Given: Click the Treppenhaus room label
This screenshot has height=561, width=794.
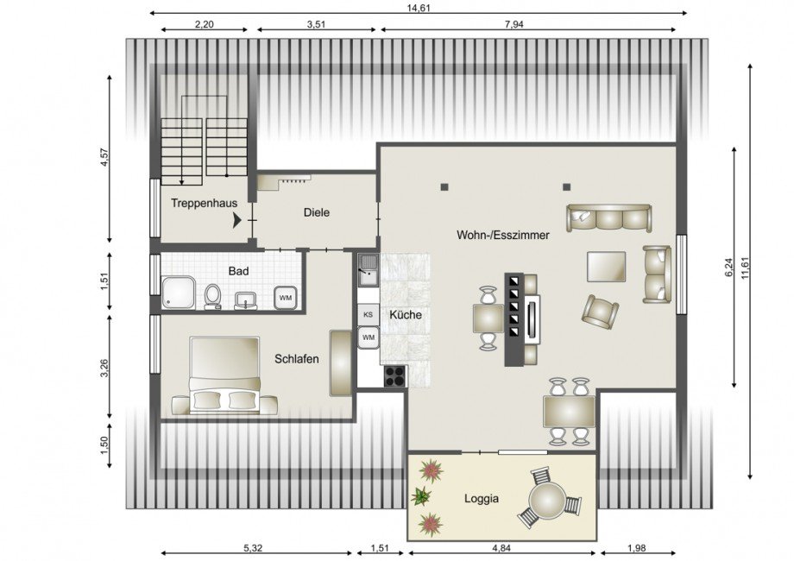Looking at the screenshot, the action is click(x=204, y=204).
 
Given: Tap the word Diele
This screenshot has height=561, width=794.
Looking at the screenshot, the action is click(x=317, y=212).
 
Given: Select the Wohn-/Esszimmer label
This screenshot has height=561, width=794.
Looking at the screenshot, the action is click(x=503, y=235).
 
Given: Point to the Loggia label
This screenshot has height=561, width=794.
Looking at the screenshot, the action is click(x=482, y=499).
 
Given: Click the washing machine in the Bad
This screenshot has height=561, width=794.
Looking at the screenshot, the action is click(x=285, y=298).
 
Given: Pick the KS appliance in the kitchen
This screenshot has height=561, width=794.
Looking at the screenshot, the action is click(x=369, y=314).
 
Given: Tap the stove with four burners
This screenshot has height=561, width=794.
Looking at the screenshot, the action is click(x=395, y=376).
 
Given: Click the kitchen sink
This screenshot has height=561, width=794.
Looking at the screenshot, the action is click(x=369, y=270).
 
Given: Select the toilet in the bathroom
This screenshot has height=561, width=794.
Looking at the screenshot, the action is click(x=212, y=296).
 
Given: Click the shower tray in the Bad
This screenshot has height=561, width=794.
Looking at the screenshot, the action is click(x=179, y=292).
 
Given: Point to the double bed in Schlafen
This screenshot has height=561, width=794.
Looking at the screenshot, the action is click(x=224, y=375).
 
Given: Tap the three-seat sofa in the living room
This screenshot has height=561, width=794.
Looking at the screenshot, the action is click(x=608, y=218).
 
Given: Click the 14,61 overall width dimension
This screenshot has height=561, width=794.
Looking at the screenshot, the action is click(x=419, y=8).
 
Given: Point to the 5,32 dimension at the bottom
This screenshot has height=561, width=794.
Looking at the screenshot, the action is click(x=253, y=548).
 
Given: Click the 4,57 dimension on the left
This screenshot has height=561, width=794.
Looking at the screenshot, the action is click(x=104, y=157).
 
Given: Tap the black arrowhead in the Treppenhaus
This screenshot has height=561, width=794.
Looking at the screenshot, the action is click(x=236, y=220).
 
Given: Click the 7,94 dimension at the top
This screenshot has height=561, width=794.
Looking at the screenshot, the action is click(x=514, y=24).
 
